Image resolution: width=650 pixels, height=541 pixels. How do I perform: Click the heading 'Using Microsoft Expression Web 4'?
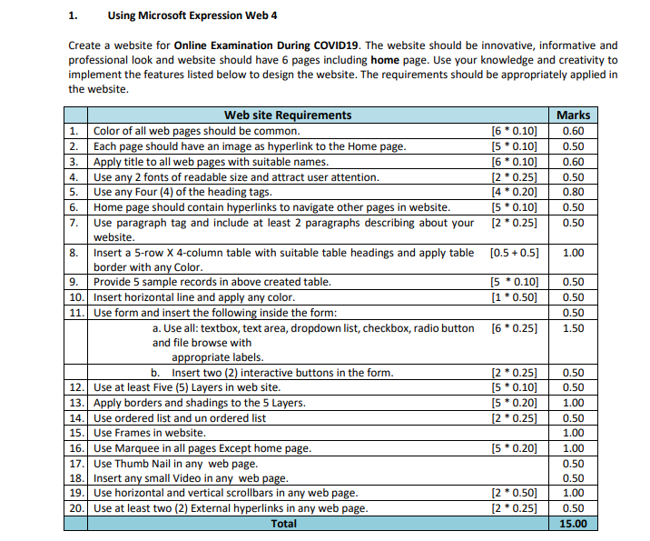192,15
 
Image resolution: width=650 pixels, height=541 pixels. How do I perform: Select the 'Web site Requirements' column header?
288,115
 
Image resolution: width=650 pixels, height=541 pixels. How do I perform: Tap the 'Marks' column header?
573,115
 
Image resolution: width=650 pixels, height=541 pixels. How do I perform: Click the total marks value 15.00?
573,524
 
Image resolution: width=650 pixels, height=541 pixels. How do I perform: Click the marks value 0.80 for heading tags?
573,192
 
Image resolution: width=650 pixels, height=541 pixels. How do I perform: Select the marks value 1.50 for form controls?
573,328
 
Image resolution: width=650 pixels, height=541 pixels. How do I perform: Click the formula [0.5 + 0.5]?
514,252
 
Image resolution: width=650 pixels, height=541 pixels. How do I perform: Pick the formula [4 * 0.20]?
514,192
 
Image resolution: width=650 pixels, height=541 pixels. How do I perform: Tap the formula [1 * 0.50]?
514,297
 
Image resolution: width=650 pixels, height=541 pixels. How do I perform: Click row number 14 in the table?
77,418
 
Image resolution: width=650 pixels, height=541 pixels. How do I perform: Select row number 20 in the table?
77,508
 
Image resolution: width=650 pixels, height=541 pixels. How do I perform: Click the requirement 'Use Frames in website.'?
149,434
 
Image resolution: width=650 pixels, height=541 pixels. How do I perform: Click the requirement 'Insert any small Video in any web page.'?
192,478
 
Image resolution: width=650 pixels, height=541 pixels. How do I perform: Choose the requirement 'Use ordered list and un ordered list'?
180,418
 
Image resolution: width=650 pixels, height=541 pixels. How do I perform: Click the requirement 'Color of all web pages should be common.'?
196,130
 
